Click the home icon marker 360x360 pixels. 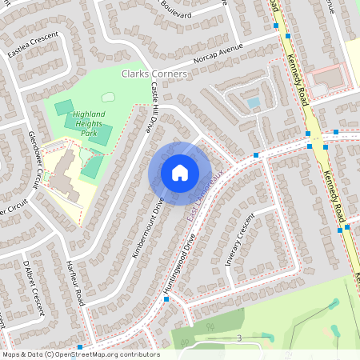pyautogui.click(x=179, y=172)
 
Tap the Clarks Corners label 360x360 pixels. pyautogui.click(x=154, y=74)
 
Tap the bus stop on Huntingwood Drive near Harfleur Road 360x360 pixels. pyautogui.click(x=166, y=298)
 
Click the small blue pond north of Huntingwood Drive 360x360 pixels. pyautogui.click(x=254, y=102)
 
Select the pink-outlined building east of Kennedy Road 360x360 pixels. pyautogui.click(x=328, y=78)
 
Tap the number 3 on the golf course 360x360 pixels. pyautogui.click(x=238, y=339)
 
